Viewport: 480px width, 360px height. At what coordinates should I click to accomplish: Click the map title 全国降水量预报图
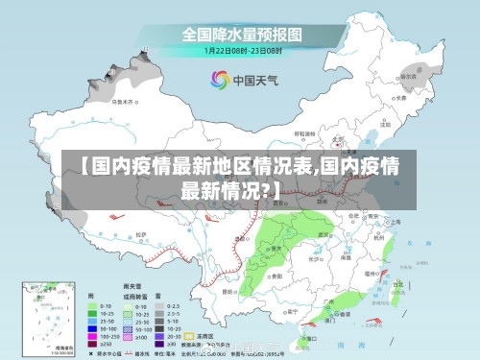click(242, 35)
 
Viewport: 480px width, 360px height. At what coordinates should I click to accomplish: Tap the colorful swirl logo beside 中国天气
click(220, 79)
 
